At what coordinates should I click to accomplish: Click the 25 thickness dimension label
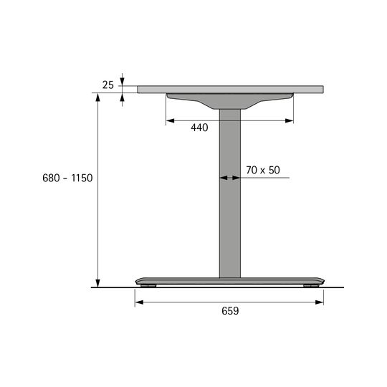pyautogui.click(x=107, y=85)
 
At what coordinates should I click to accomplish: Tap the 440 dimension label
pyautogui.click(x=199, y=128)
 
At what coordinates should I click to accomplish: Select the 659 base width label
pyautogui.click(x=230, y=311)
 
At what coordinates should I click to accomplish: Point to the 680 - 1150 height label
pyautogui.click(x=67, y=178)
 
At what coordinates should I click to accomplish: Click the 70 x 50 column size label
pyautogui.click(x=263, y=170)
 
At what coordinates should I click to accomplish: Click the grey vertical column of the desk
pyautogui.click(x=230, y=193)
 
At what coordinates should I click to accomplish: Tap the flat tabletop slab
pyautogui.click(x=230, y=90)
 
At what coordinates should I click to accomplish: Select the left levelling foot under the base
pyautogui.click(x=148, y=286)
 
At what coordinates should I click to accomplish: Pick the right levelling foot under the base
pyautogui.click(x=311, y=286)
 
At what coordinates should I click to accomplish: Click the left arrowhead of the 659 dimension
pyautogui.click(x=140, y=302)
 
